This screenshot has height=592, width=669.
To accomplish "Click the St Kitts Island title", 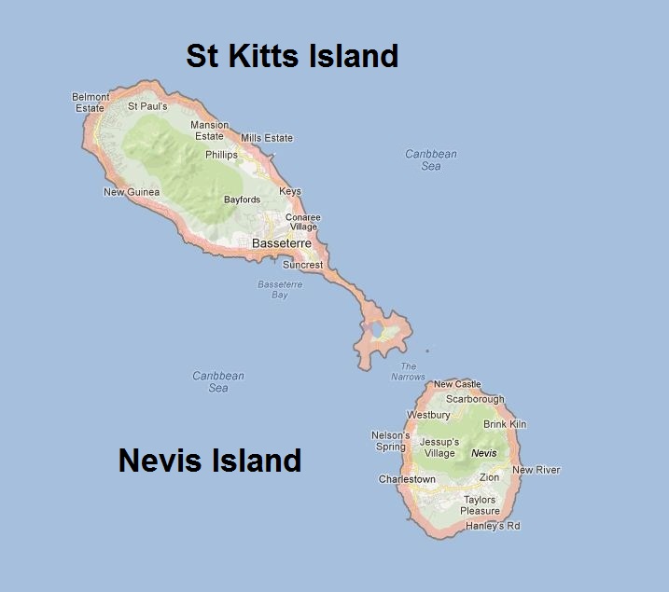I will (x=292, y=56).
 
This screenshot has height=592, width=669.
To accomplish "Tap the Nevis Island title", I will (x=210, y=460).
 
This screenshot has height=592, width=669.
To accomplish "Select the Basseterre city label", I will (x=282, y=243).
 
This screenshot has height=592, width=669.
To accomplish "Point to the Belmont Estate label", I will (x=91, y=102).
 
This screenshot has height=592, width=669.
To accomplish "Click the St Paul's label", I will (x=147, y=106).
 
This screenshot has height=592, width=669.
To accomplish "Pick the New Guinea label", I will (x=132, y=192).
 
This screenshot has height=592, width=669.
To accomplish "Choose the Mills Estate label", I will (x=267, y=138).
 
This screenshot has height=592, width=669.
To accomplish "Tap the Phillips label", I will (x=221, y=155).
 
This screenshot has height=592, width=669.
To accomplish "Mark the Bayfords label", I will (x=243, y=200).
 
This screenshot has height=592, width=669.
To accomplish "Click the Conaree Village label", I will (x=302, y=222).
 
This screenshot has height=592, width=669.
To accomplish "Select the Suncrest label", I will (x=302, y=265).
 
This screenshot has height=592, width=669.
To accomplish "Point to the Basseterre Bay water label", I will (x=273, y=289).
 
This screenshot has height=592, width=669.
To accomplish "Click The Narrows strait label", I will (x=408, y=371).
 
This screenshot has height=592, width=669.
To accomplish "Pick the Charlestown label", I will (x=407, y=479).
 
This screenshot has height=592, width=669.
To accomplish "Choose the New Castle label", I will (x=457, y=384).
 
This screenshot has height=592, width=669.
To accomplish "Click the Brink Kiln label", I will (x=505, y=424).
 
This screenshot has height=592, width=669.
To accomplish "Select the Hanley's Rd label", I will (x=493, y=526).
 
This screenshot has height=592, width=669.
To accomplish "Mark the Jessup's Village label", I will (x=439, y=447).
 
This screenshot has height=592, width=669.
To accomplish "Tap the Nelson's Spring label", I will (x=390, y=440).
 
